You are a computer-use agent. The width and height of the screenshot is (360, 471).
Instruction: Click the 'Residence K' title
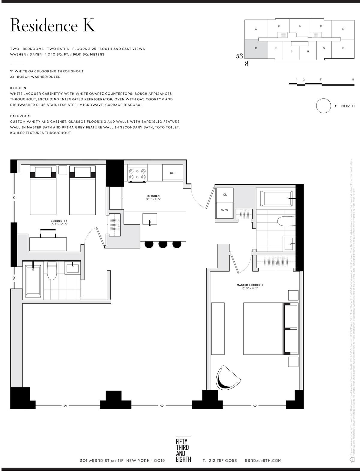coord(52,25)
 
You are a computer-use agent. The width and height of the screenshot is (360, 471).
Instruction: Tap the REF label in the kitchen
coord(172,173)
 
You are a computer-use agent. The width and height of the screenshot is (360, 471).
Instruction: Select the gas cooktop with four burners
coord(137,173)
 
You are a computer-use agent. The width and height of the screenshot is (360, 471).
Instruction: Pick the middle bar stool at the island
coord(163,244)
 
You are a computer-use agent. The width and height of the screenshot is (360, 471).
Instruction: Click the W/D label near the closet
coord(225,210)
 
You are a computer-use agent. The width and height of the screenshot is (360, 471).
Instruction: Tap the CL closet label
coord(225,195)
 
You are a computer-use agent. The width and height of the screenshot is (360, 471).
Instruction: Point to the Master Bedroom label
coord(250,285)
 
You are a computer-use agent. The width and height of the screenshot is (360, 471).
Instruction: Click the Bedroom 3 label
coord(59,221)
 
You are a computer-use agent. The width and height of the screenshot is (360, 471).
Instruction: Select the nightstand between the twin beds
coord(63,170)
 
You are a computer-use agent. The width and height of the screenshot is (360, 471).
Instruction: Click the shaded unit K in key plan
coord(256,48)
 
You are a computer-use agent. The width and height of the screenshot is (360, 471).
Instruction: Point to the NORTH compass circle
coord(323,106)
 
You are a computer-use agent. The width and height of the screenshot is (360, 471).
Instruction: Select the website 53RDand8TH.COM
coord(263,460)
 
